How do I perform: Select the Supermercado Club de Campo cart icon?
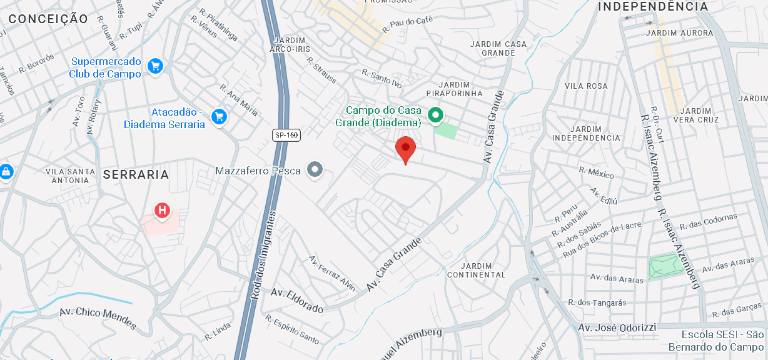155,66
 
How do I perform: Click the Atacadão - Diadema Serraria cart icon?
218,116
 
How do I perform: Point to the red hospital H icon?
162,211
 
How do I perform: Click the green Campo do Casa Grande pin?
435,115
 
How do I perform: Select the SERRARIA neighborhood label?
136,174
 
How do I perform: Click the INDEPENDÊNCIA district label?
654,7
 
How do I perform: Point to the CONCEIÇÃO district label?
48,19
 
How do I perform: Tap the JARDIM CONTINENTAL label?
476,270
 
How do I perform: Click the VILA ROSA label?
586,86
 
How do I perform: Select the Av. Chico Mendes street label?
98,319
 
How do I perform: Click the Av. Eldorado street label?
297,301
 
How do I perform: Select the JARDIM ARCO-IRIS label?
288,43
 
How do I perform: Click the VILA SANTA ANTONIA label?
71,176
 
